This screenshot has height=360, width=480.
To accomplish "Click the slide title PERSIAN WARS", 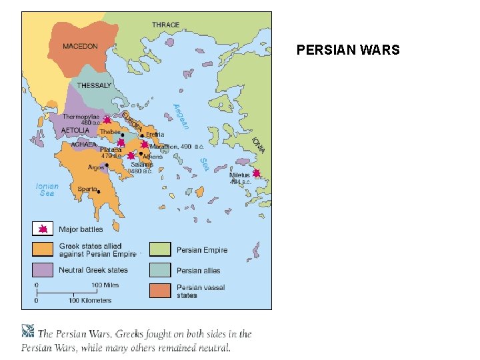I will point(348,50).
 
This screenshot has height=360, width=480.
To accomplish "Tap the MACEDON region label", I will point(80,47).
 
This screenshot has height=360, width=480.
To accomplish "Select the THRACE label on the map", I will point(165,25).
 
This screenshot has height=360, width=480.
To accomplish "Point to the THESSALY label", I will point(94,85).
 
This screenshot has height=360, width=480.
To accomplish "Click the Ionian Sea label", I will point(47,190).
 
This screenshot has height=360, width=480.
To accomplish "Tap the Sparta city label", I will point(87,189).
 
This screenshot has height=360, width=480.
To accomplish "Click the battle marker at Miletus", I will point(256,173).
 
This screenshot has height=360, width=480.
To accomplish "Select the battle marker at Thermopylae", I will point(107,120).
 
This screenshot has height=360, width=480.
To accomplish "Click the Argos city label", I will point(95,167).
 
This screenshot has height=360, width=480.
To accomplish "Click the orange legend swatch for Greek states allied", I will point(42,249).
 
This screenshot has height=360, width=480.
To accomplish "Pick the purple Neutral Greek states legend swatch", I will point(42,270).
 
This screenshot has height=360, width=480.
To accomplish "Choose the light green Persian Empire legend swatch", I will point(159,250).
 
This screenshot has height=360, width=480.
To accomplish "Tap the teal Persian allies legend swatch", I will point(159,271).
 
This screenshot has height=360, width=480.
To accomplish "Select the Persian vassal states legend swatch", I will point(159,291).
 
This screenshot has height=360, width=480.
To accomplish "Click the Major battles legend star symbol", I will point(42,229).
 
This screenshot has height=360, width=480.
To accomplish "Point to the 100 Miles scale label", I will point(105,285).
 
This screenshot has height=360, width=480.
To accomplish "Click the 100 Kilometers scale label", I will point(89,301).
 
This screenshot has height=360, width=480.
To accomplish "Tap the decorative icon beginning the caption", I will point(28,331).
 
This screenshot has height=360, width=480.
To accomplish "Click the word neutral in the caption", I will point(212,347).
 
